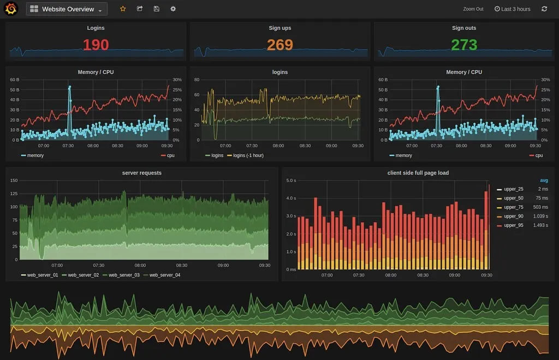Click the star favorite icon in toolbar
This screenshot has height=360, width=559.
(x=123, y=9)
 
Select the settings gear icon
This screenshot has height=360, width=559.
(x=173, y=9)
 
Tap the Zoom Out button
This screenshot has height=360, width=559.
(x=473, y=9)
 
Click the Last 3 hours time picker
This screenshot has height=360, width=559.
(x=512, y=9)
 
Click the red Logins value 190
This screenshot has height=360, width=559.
(x=96, y=45)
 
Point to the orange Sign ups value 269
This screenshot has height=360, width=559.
(x=279, y=45)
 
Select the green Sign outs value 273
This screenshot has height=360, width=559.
(x=464, y=45)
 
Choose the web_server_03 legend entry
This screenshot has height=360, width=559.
(x=123, y=275)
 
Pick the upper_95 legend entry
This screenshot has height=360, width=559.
(x=513, y=225)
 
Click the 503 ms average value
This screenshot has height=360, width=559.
(x=540, y=207)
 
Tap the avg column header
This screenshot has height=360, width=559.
(x=544, y=181)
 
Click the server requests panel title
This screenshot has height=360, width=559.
(x=142, y=173)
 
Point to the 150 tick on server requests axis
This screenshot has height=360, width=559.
(x=14, y=181)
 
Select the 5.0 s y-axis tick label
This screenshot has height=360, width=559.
(x=291, y=181)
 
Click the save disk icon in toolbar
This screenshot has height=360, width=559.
(x=157, y=9)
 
